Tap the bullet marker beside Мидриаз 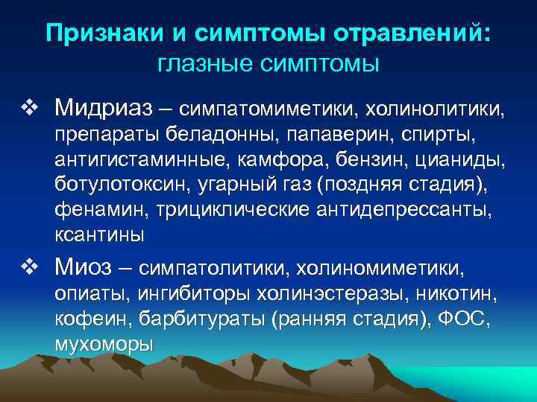(30, 110)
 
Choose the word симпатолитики (216, 267)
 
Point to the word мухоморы (104, 345)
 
